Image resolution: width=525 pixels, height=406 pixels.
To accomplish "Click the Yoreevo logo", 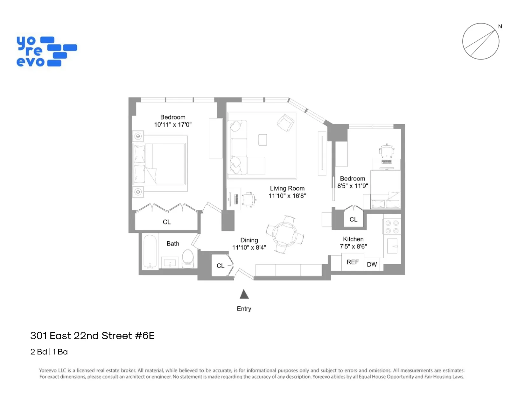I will [x=46, y=51].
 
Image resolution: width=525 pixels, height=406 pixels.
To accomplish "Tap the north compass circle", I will [x=480, y=41].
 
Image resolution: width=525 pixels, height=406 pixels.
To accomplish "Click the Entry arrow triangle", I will [x=244, y=295].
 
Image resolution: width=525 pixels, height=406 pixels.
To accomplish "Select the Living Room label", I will [x=287, y=189].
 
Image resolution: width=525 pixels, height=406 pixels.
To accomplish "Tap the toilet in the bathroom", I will [x=188, y=258].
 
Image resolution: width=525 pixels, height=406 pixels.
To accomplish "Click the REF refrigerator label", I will [x=353, y=262].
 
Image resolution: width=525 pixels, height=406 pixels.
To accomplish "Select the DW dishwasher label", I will [x=372, y=264].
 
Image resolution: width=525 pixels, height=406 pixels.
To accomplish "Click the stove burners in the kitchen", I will [x=392, y=227].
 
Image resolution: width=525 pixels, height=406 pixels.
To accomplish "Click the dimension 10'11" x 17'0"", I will [x=173, y=125].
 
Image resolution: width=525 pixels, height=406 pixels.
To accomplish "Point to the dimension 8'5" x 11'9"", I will [x=353, y=186].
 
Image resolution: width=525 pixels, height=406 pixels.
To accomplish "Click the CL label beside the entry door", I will [x=220, y=266].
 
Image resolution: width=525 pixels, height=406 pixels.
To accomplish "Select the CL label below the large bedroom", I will [x=167, y=222].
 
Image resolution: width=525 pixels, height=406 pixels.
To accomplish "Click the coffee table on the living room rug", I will [x=262, y=140].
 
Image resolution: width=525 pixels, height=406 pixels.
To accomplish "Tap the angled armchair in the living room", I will [x=285, y=123].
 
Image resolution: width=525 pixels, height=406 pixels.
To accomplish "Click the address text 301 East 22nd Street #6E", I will [x=92, y=336].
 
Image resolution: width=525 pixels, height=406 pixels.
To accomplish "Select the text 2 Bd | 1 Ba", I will [x=49, y=352].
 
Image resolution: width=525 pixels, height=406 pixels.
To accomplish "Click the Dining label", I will [x=249, y=240].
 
